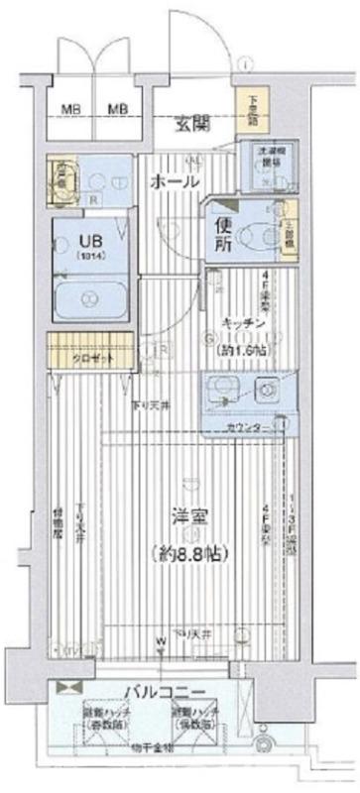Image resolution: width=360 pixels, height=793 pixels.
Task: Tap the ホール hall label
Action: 175,182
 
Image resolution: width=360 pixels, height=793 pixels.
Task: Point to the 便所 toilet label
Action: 219,233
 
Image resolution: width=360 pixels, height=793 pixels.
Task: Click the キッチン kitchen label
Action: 240,323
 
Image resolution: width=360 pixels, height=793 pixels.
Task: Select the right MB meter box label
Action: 118,108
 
